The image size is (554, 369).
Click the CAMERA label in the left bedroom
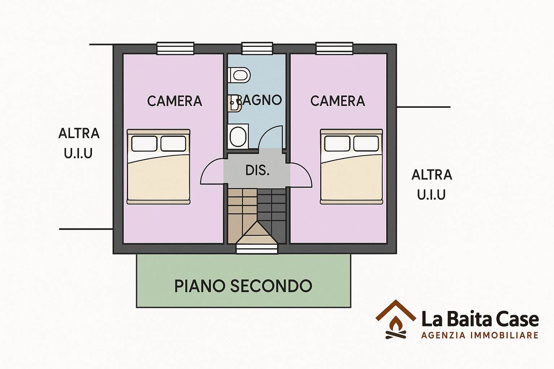point(175,101)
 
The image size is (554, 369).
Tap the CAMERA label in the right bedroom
point(338,101)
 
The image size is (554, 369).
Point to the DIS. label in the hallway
point(258,170)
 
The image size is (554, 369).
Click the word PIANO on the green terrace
point(199,286)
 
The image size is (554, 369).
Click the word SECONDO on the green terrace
point(271,286)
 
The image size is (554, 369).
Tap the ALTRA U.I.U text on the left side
point(79,143)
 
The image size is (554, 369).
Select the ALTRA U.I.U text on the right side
point(432,184)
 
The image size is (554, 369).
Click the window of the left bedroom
point(175,48)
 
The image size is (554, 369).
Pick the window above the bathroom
point(257,48)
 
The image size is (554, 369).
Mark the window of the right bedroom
point(334,48)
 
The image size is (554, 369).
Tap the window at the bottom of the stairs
point(258,249)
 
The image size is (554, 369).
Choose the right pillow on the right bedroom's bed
point(366,143)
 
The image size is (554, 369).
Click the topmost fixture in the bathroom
point(239,75)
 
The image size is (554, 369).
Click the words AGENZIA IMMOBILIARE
point(480,335)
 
